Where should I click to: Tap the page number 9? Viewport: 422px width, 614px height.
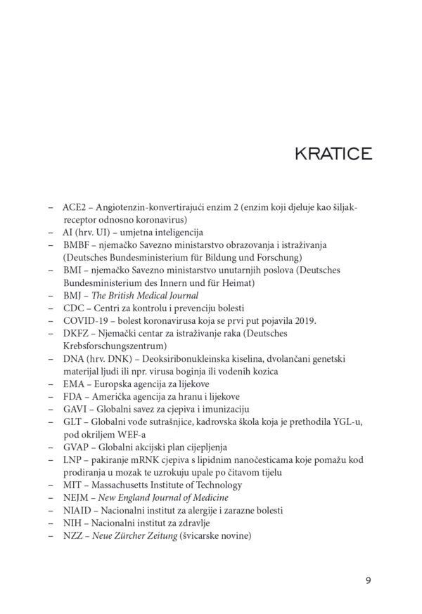pos(369,580)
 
